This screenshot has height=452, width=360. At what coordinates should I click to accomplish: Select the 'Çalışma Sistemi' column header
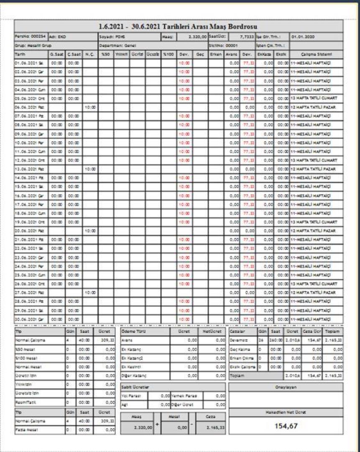[316, 54]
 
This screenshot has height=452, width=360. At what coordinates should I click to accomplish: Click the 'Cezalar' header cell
[237, 331]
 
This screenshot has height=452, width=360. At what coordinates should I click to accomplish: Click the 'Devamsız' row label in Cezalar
[238, 339]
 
